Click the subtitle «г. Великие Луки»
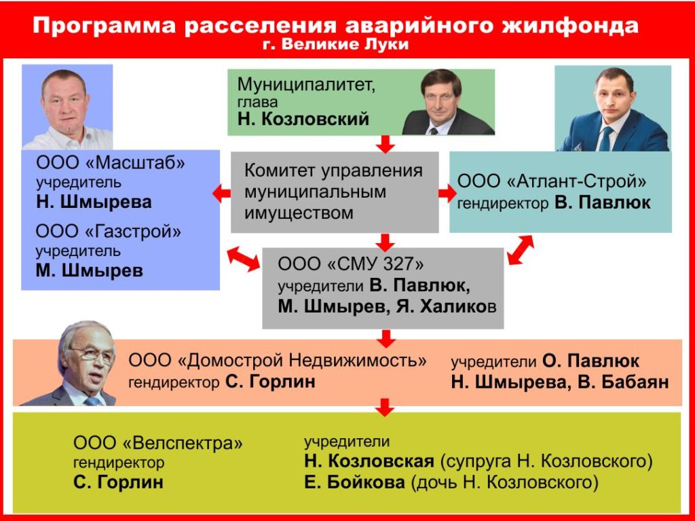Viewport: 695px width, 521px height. [x=335, y=44]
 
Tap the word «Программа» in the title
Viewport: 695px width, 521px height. [x=105, y=26]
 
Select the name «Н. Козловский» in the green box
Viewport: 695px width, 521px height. [x=303, y=119]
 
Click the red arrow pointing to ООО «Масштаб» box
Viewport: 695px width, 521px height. [x=222, y=194]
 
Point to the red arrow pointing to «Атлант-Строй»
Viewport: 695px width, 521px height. [x=448, y=194]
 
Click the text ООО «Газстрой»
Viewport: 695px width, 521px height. [x=109, y=232]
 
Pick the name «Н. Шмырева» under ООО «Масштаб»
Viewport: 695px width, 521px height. [x=94, y=202]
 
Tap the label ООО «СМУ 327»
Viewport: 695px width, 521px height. [x=351, y=264]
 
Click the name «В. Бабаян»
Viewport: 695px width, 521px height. [x=623, y=382]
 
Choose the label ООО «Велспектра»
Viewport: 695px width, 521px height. [x=157, y=443]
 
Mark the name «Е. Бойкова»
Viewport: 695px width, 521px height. [x=354, y=482]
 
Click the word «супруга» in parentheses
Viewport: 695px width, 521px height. [x=474, y=461]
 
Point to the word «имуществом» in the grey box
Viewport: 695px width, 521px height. [x=299, y=213]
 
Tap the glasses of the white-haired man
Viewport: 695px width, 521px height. [x=93, y=354]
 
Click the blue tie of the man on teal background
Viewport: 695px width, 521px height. [x=605, y=139]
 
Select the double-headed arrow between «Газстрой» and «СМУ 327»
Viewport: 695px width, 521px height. [x=244, y=259]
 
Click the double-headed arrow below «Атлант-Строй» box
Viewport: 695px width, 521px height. [x=521, y=250]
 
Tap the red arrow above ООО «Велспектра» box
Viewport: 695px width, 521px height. [x=386, y=407]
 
